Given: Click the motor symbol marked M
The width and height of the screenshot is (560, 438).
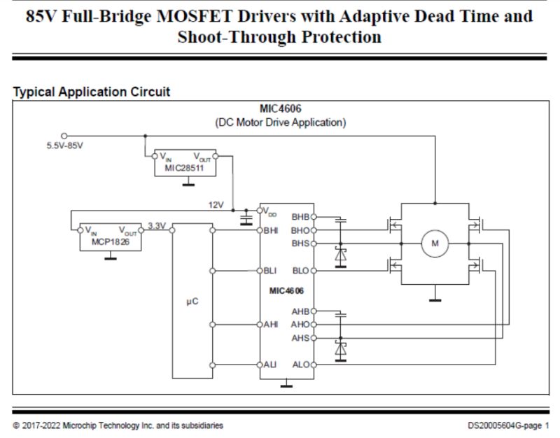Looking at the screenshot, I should click(x=435, y=243).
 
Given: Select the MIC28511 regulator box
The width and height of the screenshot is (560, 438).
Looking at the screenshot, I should click(x=185, y=164).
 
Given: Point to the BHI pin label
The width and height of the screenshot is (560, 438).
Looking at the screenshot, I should click(x=272, y=229).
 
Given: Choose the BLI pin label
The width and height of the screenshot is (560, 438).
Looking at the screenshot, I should click(x=271, y=270).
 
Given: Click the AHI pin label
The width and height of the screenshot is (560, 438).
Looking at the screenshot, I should click(x=271, y=325).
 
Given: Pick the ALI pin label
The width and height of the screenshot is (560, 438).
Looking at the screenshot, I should click(x=271, y=365).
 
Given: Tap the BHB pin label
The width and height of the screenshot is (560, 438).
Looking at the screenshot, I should click(x=300, y=217).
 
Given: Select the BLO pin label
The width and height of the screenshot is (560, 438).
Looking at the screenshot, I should click(x=300, y=270).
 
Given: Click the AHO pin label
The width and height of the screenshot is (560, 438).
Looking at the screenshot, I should click(x=300, y=325).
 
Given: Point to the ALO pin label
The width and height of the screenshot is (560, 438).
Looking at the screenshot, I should click(x=300, y=365).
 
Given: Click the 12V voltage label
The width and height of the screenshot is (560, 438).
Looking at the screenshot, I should click(x=216, y=205).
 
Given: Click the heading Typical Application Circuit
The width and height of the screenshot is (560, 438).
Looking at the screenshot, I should click(x=91, y=92).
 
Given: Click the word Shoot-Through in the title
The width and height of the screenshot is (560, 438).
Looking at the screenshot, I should click(x=229, y=37).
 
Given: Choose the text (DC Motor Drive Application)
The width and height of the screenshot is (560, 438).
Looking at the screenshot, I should click(x=280, y=122).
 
